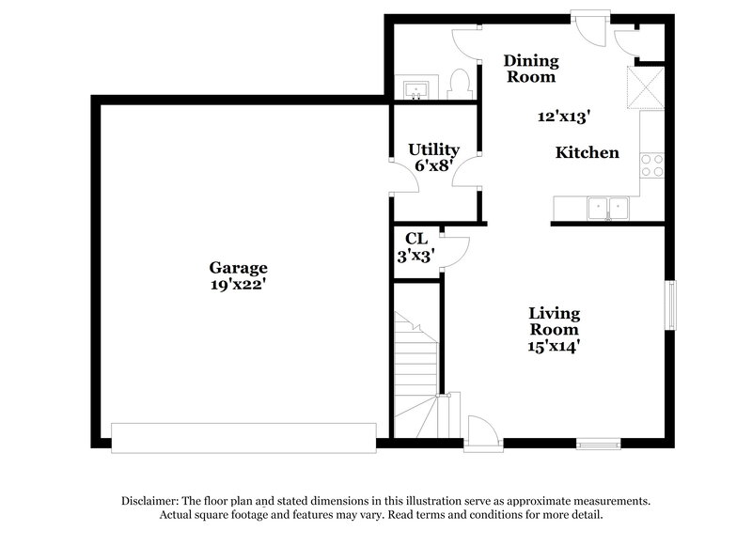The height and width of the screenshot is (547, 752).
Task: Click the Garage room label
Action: [x=238, y=267]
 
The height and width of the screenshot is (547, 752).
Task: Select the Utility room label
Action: [x=433, y=149]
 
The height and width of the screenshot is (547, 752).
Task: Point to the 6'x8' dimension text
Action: [x=433, y=164]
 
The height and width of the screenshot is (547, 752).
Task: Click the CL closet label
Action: [x=415, y=239]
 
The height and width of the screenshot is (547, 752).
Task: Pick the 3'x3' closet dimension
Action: [x=415, y=254]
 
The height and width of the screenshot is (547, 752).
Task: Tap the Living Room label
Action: [x=554, y=320]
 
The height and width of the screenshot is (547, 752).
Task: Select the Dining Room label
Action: [x=532, y=69]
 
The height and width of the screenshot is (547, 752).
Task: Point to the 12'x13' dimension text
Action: [x=563, y=117]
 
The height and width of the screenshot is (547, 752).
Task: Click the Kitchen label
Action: [x=587, y=152]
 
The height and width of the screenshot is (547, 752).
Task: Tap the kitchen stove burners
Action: [x=651, y=165]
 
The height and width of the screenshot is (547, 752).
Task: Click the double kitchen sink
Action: [x=607, y=208]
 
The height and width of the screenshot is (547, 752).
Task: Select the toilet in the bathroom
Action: [x=461, y=86]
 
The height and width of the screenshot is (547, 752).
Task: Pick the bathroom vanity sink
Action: [x=416, y=90]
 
